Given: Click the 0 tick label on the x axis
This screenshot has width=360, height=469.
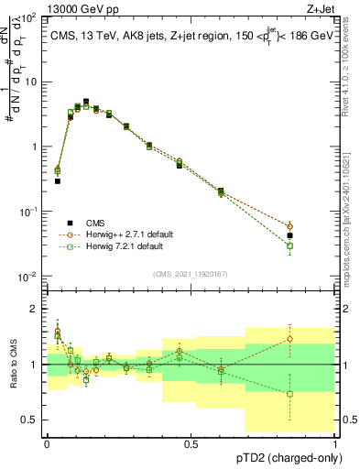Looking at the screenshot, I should point(47,444).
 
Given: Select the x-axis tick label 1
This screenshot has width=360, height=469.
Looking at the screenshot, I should point(335,444).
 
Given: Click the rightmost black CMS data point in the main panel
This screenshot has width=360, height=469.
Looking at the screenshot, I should point(315,235).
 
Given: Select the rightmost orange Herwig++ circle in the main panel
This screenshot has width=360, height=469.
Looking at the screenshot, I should point(315,226).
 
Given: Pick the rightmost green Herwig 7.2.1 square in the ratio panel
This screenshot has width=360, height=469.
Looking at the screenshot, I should point(315,394).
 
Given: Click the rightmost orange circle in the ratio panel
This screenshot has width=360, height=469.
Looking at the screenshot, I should point(315,339).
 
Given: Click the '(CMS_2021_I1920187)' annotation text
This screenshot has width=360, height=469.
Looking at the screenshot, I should point(191,272).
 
